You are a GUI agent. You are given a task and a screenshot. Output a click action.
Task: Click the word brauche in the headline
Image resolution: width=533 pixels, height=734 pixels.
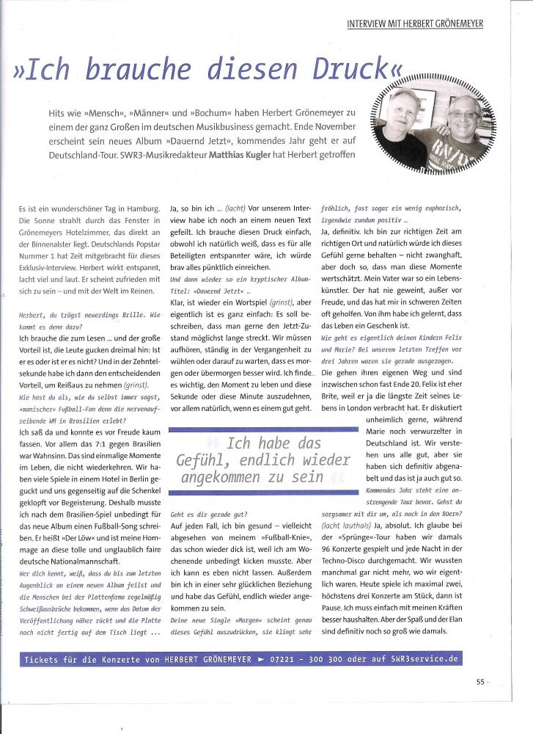click(x=131, y=71)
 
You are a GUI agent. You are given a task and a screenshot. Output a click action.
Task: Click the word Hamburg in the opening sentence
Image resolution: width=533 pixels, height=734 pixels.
click(x=140, y=210)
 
